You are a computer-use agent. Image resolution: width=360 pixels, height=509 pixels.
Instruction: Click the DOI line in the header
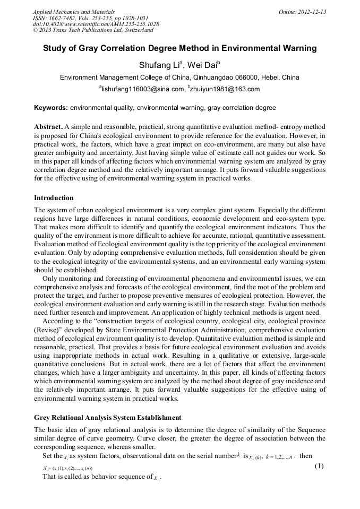[96, 24]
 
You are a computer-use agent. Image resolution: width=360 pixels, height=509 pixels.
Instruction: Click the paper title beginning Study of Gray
[179, 48]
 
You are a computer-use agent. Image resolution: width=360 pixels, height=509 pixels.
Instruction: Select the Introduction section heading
[54, 198]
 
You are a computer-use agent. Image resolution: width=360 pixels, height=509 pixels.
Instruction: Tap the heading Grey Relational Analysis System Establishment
[108, 418]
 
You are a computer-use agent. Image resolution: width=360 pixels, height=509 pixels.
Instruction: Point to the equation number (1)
[319, 466]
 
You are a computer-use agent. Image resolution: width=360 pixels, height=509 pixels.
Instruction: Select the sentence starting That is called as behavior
[101, 477]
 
